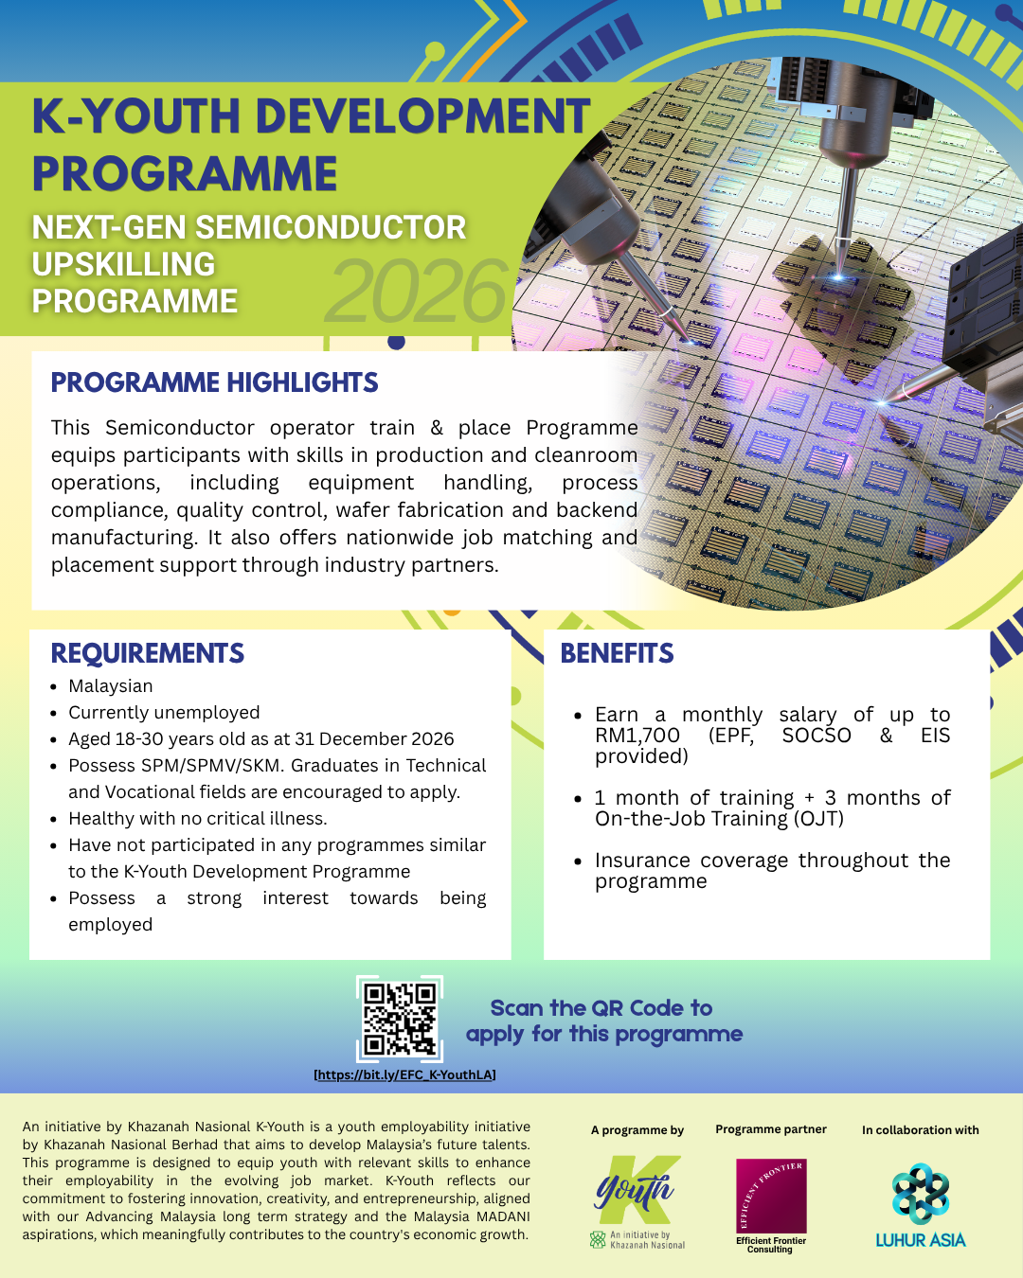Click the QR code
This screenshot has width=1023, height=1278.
point(400,1019)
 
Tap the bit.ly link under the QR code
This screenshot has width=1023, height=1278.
point(404,1074)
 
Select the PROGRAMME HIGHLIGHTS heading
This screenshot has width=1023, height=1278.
point(214,382)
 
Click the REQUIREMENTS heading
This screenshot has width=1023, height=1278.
point(148,653)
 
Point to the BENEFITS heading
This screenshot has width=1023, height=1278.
point(617,653)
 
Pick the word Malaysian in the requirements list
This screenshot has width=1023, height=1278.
point(111,686)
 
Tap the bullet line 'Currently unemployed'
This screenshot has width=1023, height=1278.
point(164,713)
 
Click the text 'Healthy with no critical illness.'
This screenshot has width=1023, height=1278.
point(198,818)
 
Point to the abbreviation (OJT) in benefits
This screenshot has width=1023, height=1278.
point(818,819)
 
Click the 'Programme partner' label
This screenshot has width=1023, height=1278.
point(771,1129)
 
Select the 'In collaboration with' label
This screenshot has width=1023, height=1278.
point(920,1130)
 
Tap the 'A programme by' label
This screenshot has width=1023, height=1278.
point(637,1130)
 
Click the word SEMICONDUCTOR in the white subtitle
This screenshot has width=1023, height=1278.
point(331,227)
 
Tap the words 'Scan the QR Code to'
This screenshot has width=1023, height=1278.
point(601,1008)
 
